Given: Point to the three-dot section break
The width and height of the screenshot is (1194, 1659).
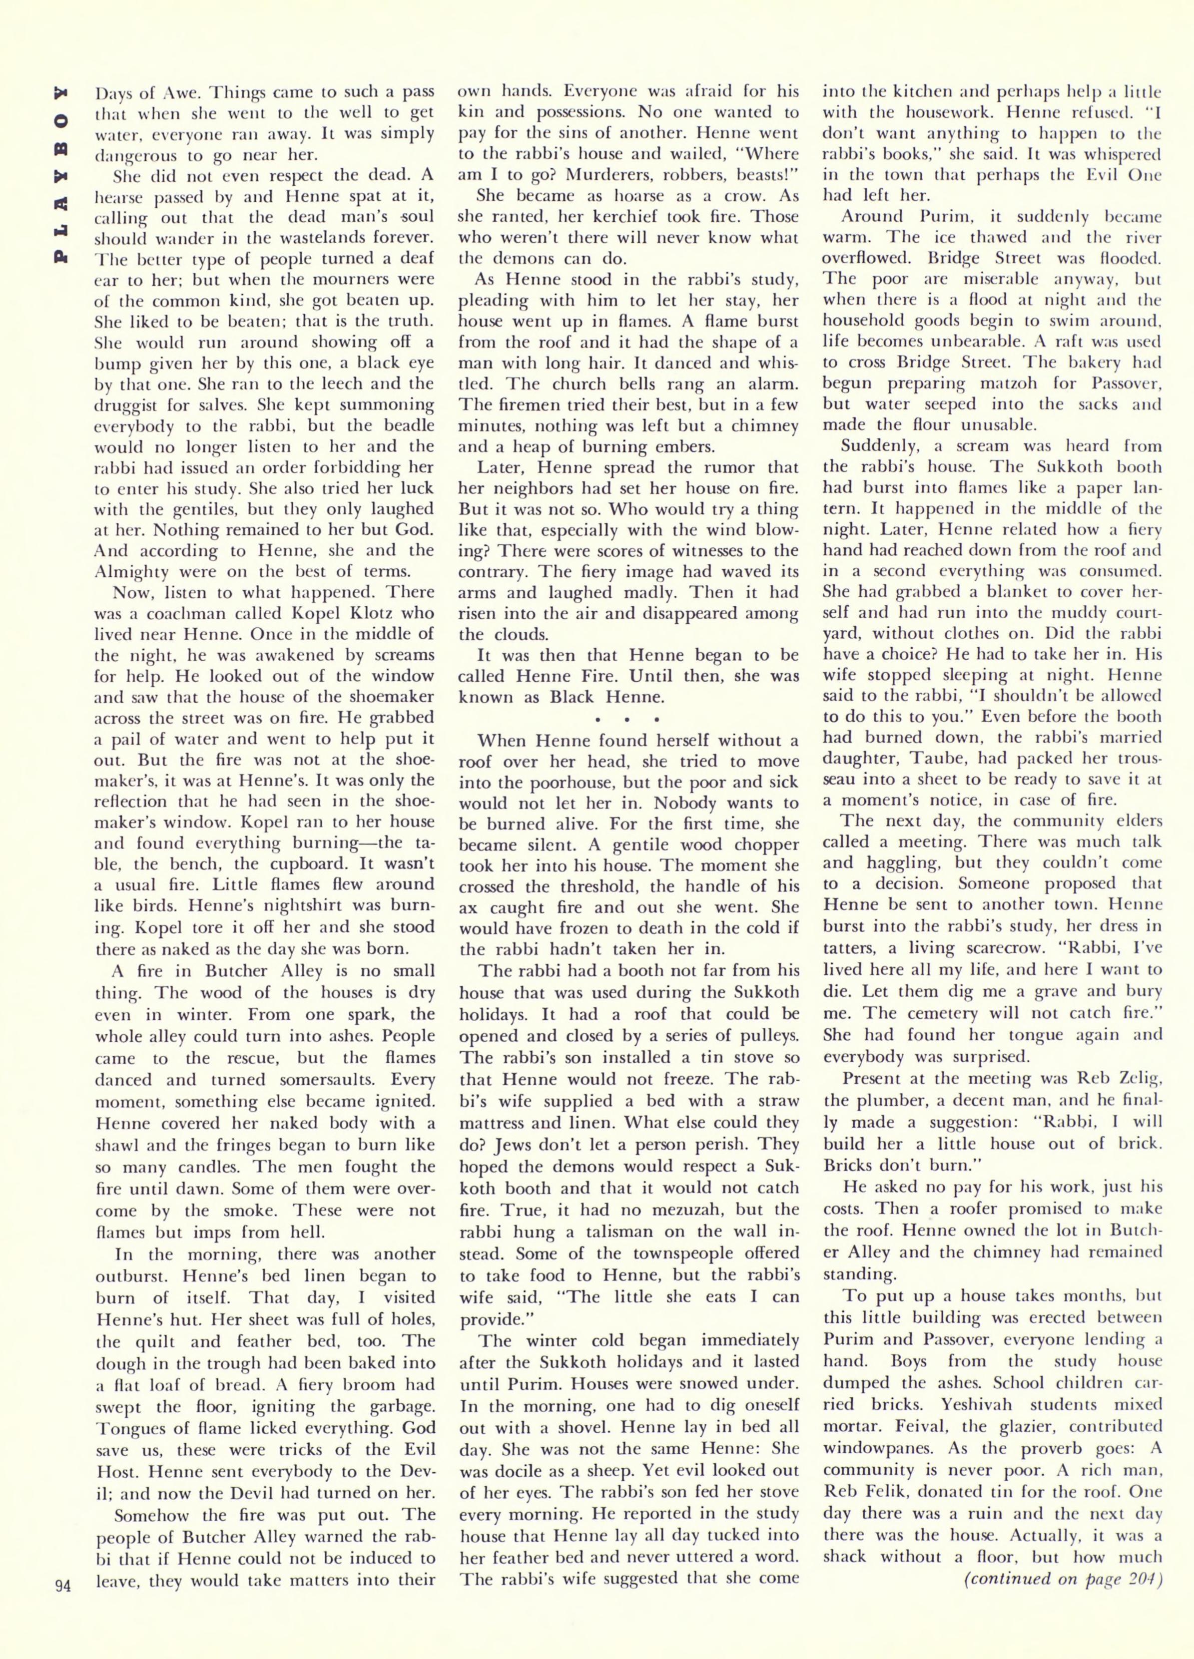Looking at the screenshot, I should tap(628, 718).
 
